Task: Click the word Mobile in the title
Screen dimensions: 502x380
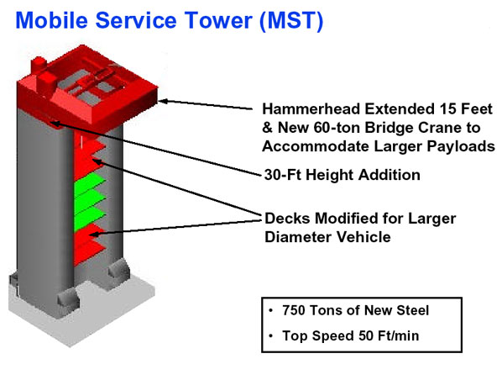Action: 51,20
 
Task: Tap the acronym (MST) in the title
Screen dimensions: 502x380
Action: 291,21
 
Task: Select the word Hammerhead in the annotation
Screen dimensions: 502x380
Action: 311,109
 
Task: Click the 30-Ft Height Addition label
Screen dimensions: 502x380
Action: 342,175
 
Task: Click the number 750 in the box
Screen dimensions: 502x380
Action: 293,310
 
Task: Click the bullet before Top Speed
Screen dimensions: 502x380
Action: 271,336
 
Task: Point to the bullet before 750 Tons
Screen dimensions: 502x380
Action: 271,310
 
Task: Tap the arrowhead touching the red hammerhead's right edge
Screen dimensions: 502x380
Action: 162,102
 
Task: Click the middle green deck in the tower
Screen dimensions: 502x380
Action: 90,199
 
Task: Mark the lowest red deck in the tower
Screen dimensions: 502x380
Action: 89,252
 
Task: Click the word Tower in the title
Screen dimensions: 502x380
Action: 218,20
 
